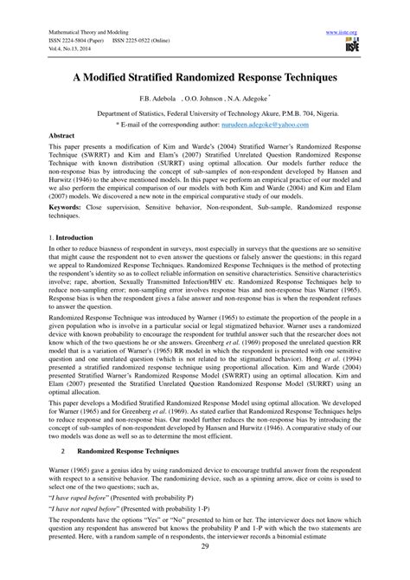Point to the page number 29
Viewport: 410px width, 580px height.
pyautogui.click(x=204, y=570)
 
